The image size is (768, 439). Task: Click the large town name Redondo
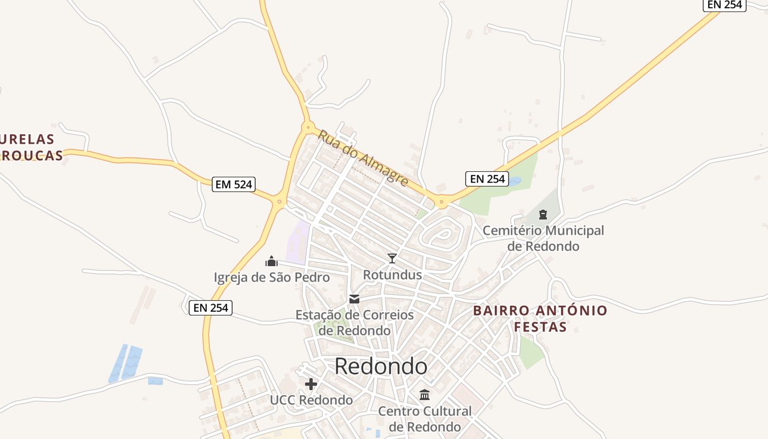[381, 366]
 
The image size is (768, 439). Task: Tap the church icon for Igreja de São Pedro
[272, 261]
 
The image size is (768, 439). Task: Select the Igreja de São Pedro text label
[272, 278]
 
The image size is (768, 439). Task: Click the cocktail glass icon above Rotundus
[392, 258]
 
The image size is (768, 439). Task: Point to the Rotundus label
[392, 275]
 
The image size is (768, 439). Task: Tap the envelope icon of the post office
[354, 299]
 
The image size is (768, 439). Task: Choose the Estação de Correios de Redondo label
[354, 323]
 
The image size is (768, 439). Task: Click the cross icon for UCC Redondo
[311, 384]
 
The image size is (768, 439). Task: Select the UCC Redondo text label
[311, 400]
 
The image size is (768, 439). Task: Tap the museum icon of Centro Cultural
[425, 395]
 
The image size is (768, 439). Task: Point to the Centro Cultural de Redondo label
[425, 419]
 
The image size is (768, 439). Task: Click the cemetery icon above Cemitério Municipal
[543, 215]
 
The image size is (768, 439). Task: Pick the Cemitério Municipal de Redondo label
[543, 238]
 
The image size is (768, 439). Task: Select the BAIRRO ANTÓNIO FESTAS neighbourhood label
[540, 319]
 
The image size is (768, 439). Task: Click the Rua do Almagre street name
[363, 157]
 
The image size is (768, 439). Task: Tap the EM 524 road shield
[234, 184]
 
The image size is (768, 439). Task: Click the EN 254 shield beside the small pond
[487, 179]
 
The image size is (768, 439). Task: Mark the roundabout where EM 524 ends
[279, 202]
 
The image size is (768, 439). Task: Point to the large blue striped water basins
[125, 363]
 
